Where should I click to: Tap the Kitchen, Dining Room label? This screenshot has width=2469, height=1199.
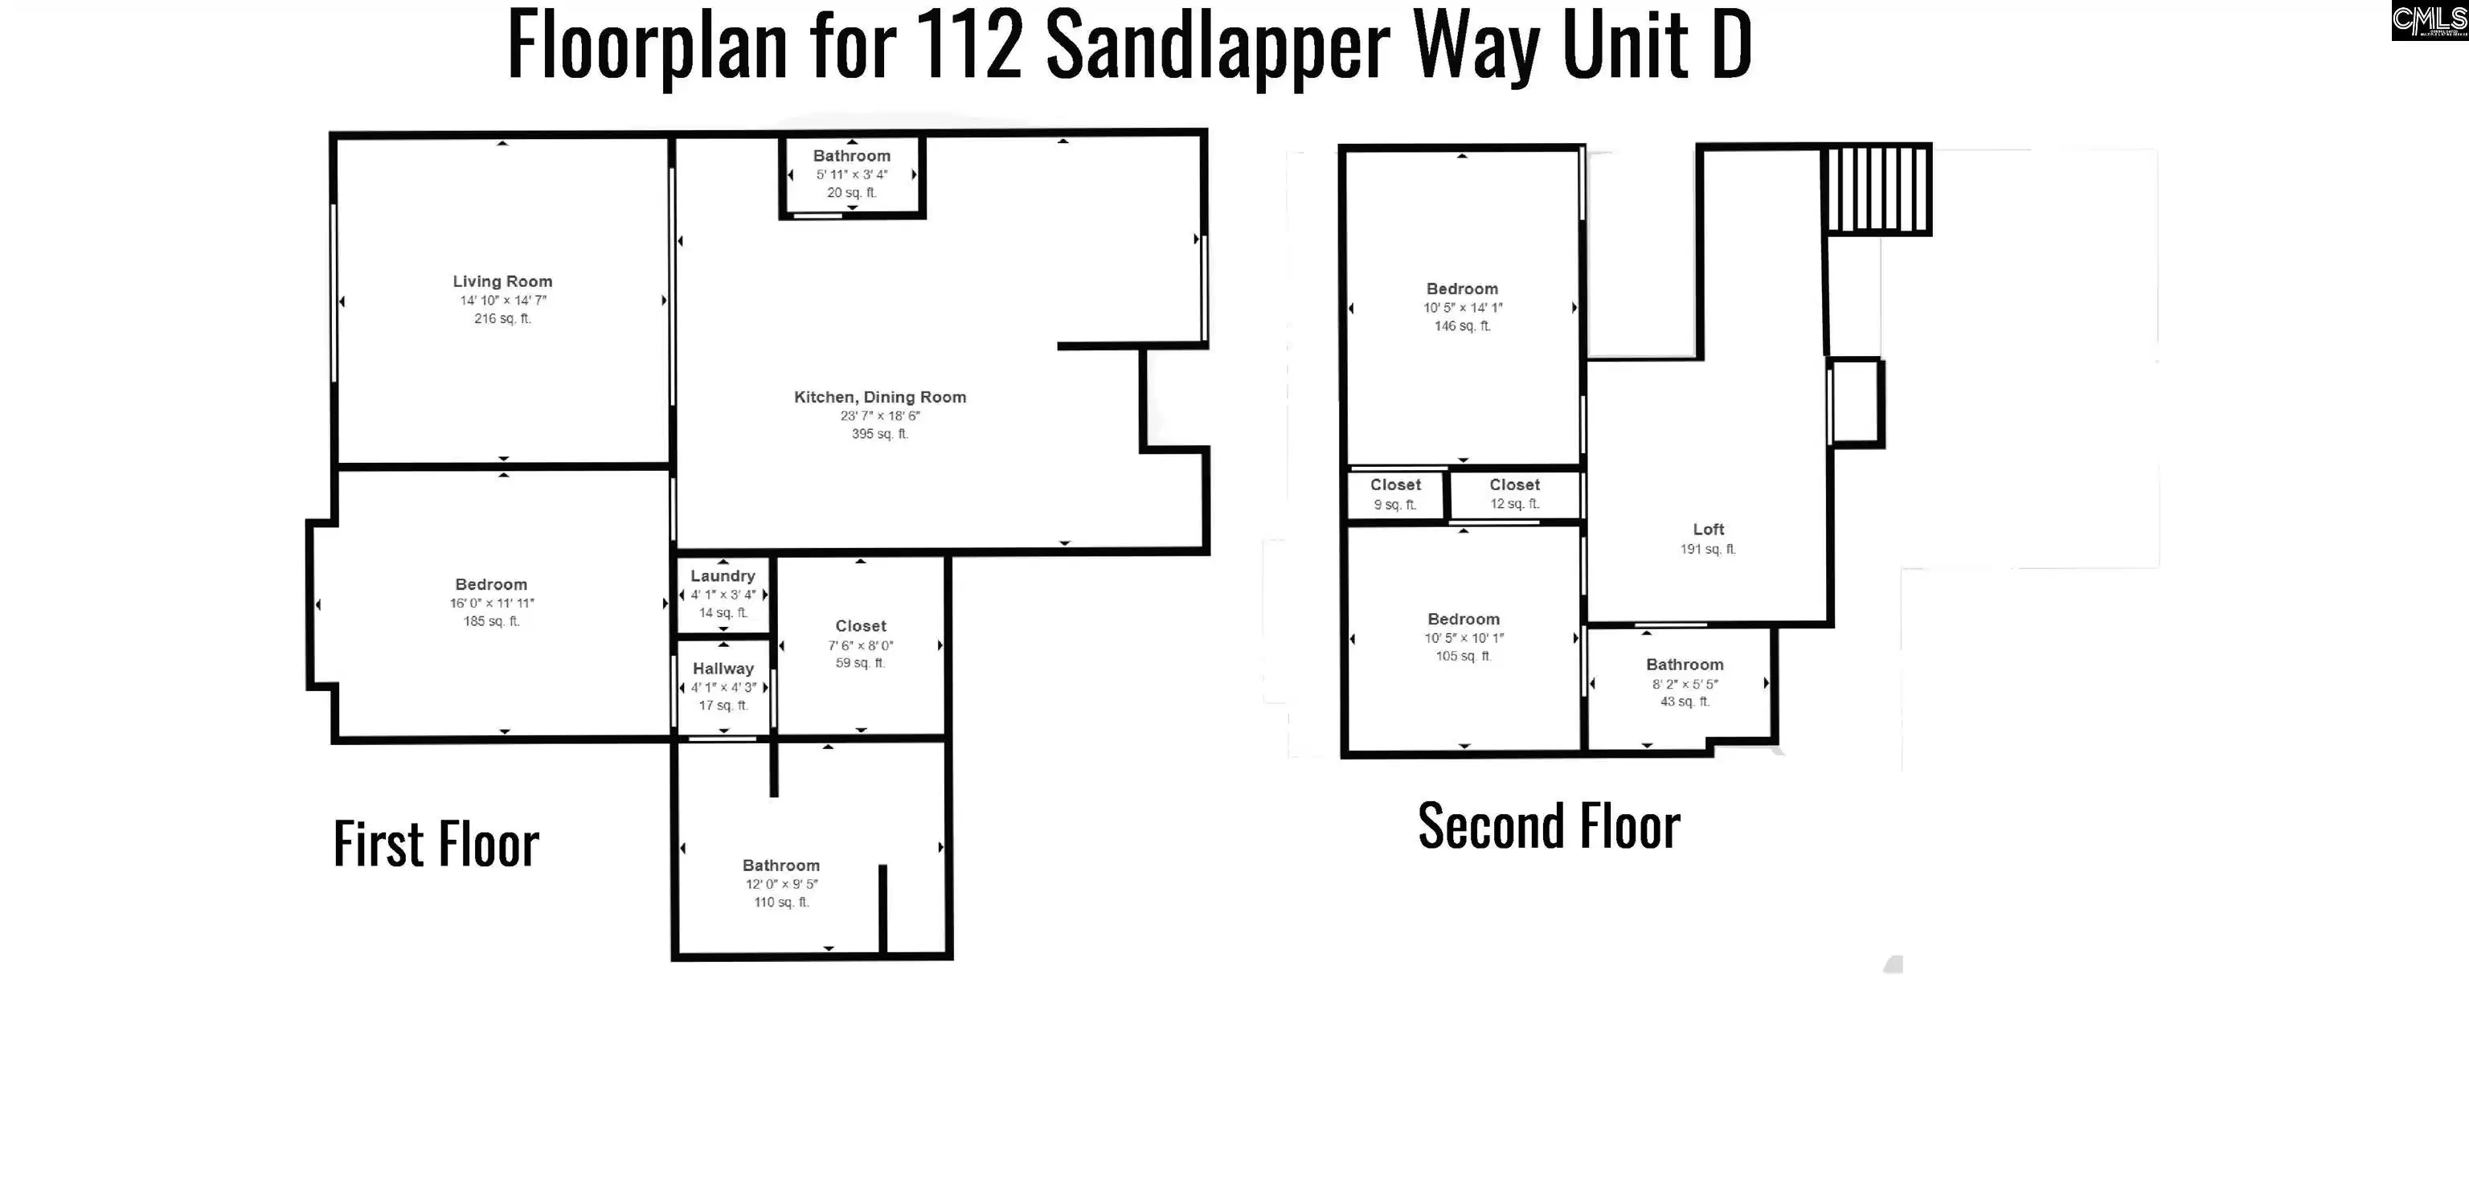point(880,397)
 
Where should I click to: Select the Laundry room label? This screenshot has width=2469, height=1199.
point(723,576)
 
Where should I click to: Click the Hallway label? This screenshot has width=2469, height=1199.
point(723,668)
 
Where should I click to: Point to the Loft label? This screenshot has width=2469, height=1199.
point(1708,529)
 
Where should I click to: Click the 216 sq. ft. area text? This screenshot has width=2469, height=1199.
point(502,318)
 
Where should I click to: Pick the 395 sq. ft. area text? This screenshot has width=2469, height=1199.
point(880,434)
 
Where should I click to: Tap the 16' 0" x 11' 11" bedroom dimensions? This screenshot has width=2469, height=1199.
point(492,603)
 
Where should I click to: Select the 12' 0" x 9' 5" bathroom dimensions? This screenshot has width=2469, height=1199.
point(781,884)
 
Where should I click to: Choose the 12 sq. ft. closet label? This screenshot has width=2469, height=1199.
point(1514,504)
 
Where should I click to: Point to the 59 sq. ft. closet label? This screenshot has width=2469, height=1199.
point(860,663)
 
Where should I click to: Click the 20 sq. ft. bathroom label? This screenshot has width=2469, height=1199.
point(851,193)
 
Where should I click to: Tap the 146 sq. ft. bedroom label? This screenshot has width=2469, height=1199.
point(1462,325)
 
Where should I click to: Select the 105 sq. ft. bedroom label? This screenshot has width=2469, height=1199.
point(1464,657)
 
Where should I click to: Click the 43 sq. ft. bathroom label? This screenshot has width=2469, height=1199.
point(1684,702)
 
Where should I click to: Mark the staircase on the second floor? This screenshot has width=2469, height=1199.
point(1877,189)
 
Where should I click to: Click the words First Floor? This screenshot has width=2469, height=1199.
point(436,845)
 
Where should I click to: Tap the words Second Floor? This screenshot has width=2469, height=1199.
point(1549,826)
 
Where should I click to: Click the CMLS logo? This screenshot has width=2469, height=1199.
point(2430,20)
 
